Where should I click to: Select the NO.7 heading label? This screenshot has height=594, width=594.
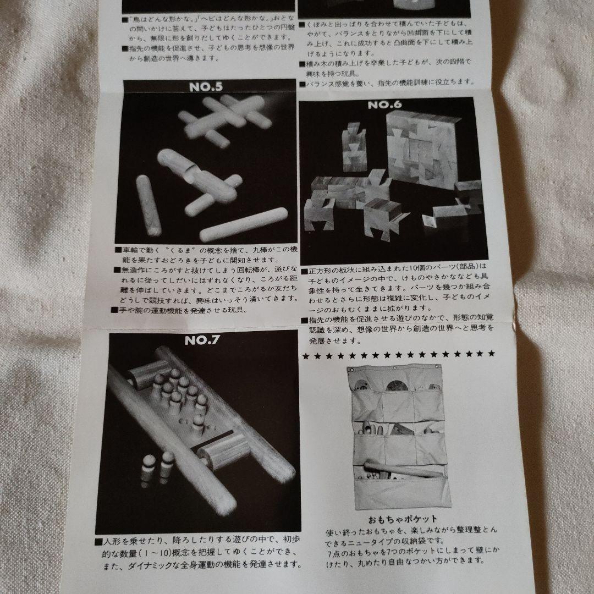[x=202, y=339]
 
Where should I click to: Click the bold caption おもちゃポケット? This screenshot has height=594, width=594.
[x=404, y=518]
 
